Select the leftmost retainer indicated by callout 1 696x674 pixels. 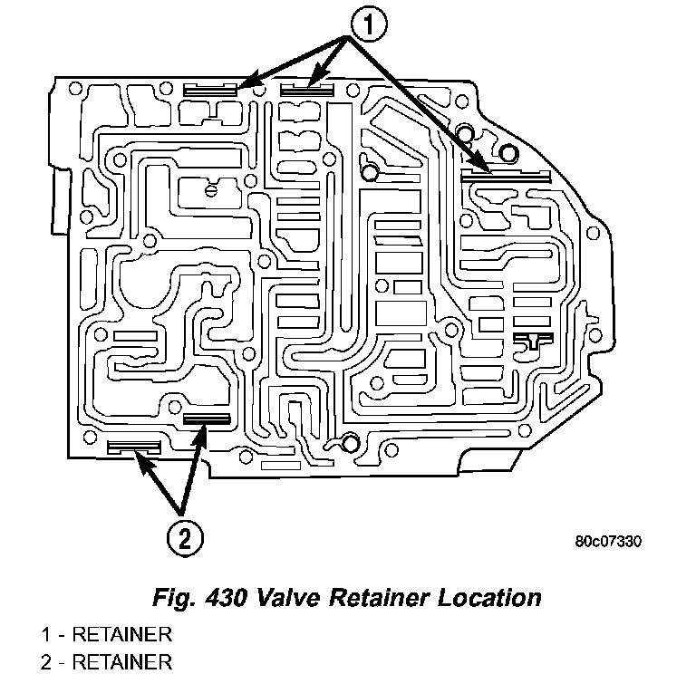209,89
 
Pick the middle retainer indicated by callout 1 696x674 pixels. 306,89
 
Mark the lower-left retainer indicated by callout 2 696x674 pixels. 134,446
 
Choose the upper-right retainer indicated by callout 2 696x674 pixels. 208,419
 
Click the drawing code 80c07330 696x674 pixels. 608,543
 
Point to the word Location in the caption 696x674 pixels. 493,598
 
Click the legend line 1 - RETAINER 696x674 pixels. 107,633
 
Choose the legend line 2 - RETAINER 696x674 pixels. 107,660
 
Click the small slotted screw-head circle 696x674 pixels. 210,190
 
